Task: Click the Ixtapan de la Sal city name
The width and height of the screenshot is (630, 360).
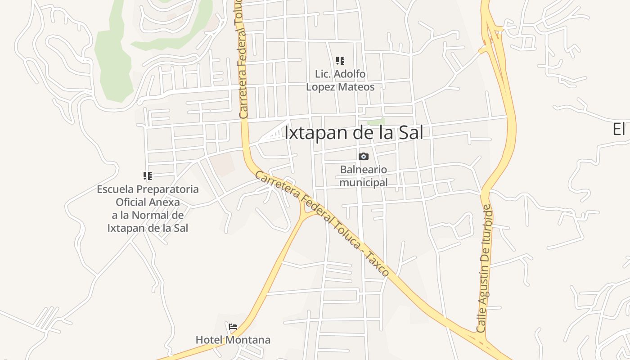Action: tap(354, 133)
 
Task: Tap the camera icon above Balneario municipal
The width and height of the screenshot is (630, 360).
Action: tap(363, 156)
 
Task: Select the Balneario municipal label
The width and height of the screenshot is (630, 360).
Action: tap(363, 176)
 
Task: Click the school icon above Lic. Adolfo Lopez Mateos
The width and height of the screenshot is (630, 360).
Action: tap(340, 60)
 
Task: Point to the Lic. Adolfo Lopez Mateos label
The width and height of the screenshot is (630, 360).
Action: tap(340, 80)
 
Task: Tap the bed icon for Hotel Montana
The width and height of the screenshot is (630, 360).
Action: tap(233, 326)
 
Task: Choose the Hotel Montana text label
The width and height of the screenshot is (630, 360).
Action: tap(233, 340)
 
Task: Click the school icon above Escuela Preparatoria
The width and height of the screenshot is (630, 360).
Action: tap(148, 175)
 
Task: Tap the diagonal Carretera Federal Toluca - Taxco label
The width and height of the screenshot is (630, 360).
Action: tap(321, 223)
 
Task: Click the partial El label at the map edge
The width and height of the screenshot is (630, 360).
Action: tap(620, 130)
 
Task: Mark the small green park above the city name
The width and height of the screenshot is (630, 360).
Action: tap(376, 121)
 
